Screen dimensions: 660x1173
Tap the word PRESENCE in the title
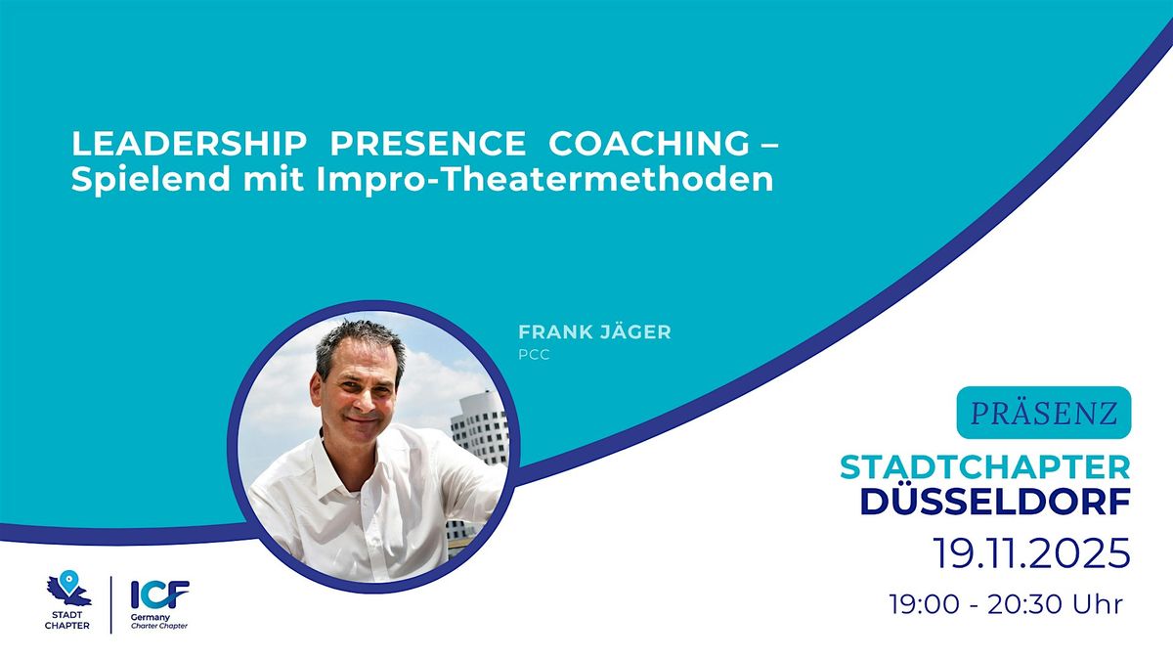[x=427, y=143]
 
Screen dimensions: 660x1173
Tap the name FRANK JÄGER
[x=594, y=331]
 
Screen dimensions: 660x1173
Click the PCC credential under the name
[x=534, y=355]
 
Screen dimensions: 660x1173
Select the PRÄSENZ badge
[x=1043, y=413]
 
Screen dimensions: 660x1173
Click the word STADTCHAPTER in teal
[x=985, y=466]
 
